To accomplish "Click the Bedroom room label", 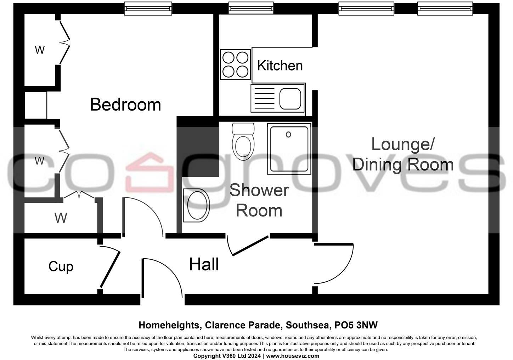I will [125, 105].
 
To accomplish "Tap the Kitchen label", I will [280, 66].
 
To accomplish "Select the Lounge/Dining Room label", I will [403, 154].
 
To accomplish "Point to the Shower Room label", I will [259, 201].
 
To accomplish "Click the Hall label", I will [204, 265].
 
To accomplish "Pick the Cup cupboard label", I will [61, 266].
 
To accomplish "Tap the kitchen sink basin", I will [290, 99].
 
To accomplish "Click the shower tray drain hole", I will [288, 134].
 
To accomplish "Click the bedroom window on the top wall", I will [148, 8].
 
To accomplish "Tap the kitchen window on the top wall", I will [251, 8].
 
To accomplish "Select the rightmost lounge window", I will [445, 8].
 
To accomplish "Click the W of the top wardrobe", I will [40, 50].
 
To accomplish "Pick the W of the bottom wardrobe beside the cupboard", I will [61, 218].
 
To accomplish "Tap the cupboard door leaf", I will [110, 270].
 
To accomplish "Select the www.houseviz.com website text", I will [293, 356].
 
